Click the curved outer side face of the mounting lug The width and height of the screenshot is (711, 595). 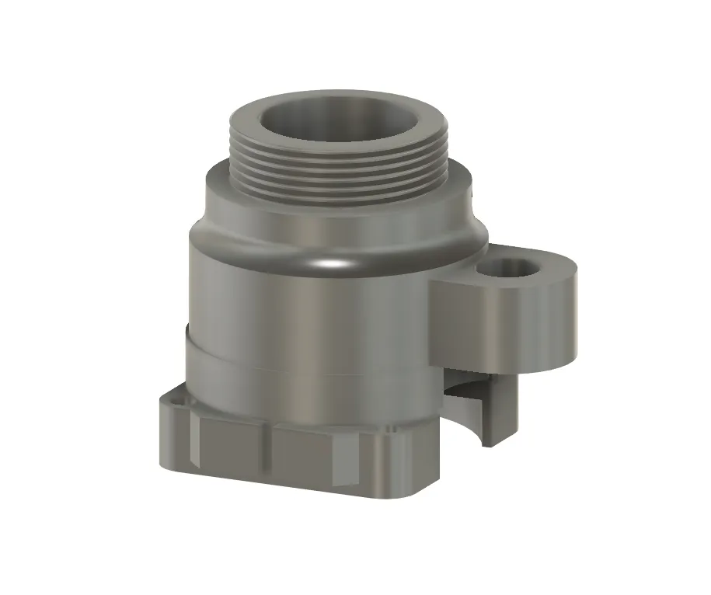[505, 322]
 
